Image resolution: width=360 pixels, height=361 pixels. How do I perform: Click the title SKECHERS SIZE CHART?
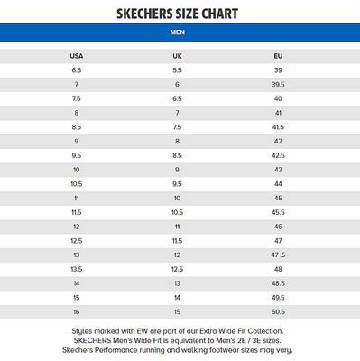[180, 13]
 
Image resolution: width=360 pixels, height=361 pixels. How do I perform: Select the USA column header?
[76, 56]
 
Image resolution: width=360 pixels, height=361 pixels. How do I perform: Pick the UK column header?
[177, 56]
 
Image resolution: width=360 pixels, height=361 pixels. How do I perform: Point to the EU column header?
[278, 56]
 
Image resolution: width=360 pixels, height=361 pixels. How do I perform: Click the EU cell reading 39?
[278, 70]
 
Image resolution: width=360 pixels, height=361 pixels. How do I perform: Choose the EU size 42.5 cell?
[278, 155]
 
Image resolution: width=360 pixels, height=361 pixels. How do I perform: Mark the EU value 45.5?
[278, 212]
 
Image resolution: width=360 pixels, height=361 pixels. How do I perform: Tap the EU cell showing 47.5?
[278, 255]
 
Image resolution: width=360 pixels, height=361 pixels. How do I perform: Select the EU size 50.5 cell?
[278, 311]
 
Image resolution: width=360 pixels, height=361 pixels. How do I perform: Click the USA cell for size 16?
[76, 311]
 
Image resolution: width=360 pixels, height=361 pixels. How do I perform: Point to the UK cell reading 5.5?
[177, 70]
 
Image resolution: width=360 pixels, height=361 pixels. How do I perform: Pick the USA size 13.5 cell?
[76, 269]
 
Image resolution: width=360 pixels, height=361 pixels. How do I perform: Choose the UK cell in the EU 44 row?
[177, 183]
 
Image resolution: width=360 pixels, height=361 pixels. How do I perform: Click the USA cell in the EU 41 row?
[76, 113]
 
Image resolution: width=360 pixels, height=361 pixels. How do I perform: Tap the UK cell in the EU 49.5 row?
[177, 297]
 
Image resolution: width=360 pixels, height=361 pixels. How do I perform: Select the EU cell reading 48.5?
[278, 282]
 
